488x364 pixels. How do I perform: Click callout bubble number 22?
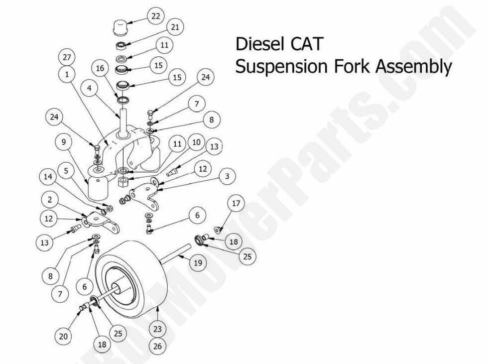pos(156,16)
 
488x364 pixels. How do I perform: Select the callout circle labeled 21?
pos(175,27)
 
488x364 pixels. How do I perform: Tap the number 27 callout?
pos(66,57)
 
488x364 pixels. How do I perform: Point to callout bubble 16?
pos(100,68)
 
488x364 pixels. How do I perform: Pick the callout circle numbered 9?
pos(63,142)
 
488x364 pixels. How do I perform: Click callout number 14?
pos(48,177)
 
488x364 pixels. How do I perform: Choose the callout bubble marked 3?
pos(227,176)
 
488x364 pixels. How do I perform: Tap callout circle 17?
pos(236,203)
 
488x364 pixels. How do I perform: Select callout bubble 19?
pos(198,263)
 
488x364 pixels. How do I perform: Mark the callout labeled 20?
pos(63,337)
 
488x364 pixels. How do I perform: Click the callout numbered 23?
pos(158,329)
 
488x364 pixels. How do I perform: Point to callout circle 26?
pos(158,347)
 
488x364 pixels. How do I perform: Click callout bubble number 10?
pos(196,142)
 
